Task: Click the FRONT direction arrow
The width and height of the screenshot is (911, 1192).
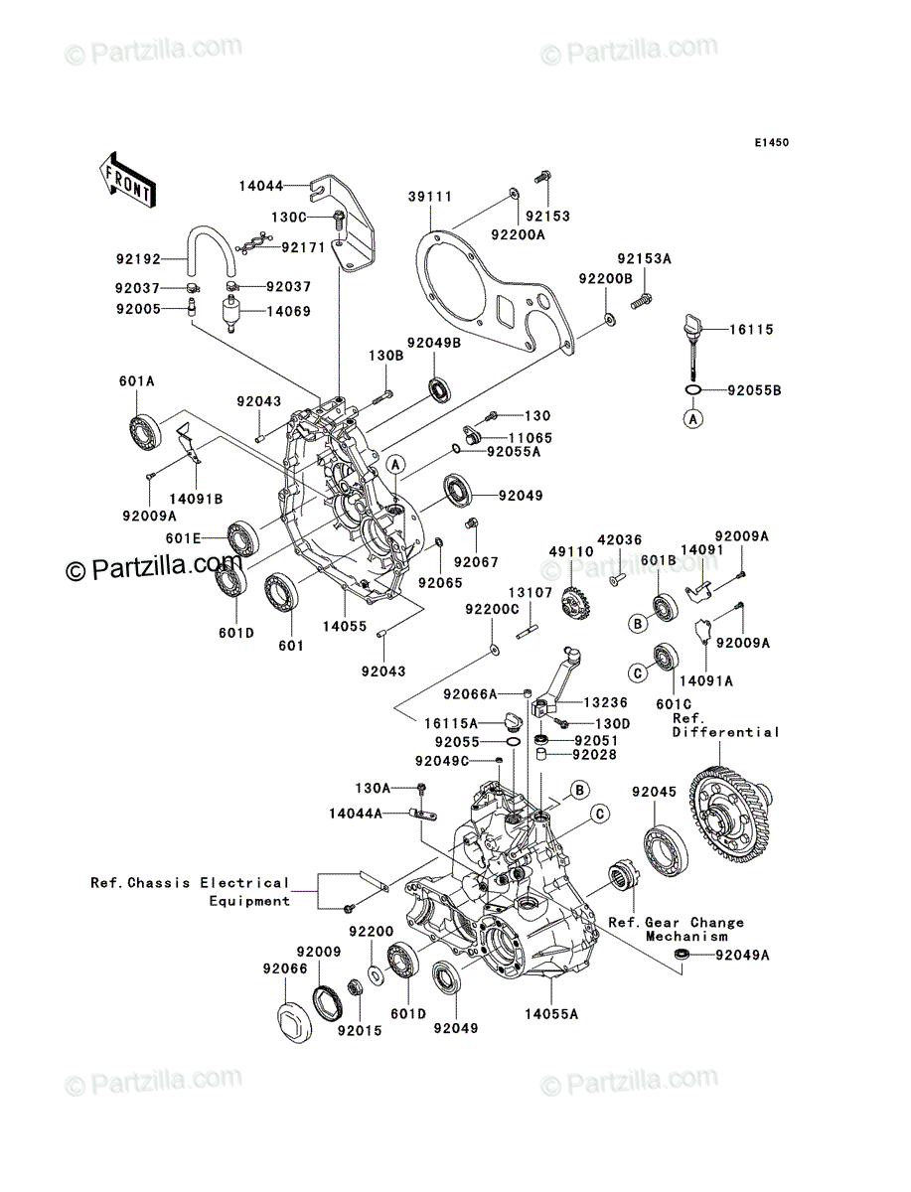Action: tap(127, 179)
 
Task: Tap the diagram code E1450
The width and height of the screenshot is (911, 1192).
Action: tap(772, 143)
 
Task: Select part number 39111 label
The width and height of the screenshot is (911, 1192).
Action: tap(430, 197)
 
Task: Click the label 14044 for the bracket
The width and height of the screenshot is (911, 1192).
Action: tap(261, 187)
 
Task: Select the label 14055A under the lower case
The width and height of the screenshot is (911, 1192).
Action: tap(551, 1014)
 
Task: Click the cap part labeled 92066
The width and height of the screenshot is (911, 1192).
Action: tap(294, 1024)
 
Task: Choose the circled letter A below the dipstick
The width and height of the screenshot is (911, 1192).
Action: tap(692, 419)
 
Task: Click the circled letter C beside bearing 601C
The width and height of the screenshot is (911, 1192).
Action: tap(638, 673)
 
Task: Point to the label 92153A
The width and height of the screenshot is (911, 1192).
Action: tap(644, 259)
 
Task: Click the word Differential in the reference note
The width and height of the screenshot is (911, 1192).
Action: tap(726, 732)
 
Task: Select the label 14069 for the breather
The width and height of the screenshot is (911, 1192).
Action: tap(289, 312)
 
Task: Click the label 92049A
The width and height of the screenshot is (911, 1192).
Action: tap(742, 956)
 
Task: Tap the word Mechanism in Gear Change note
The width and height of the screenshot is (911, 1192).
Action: tap(686, 937)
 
